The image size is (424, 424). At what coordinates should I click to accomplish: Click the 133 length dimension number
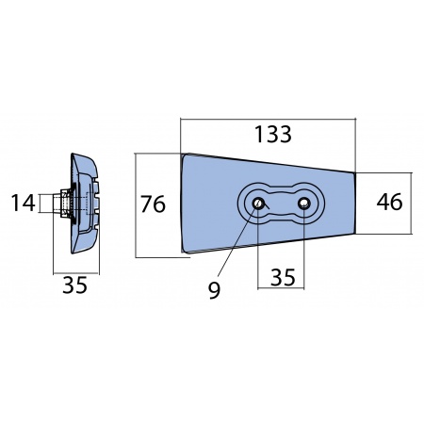(x=273, y=135)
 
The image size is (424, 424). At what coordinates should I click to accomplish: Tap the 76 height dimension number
(x=153, y=204)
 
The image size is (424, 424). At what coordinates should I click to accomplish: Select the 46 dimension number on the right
(x=389, y=202)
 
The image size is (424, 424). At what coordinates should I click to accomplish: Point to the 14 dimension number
(x=23, y=203)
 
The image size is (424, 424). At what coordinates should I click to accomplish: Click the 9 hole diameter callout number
(x=215, y=290)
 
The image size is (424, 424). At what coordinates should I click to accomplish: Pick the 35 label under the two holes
(x=283, y=277)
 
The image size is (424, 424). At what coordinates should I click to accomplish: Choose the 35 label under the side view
(x=74, y=285)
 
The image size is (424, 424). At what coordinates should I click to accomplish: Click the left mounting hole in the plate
(x=258, y=204)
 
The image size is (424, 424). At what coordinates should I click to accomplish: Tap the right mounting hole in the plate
(x=304, y=204)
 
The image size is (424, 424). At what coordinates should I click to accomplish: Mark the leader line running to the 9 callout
(x=237, y=241)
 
